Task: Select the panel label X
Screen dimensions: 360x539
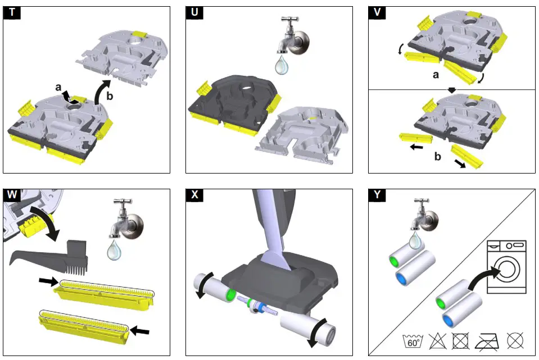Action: tap(194, 195)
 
